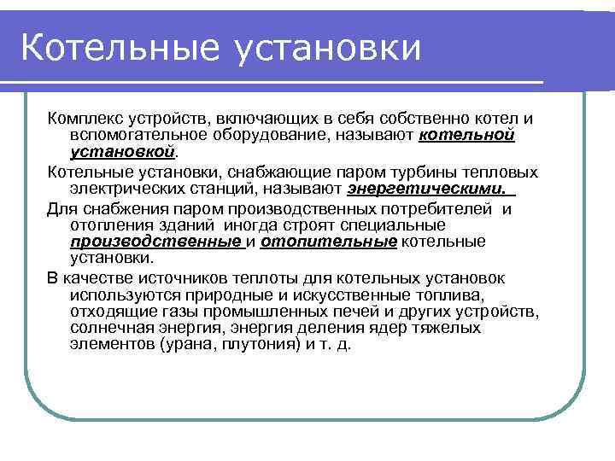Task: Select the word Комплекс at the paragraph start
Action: click(x=83, y=119)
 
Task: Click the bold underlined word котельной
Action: click(x=466, y=135)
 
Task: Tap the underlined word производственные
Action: click(x=155, y=242)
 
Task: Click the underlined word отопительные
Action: click(x=328, y=242)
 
